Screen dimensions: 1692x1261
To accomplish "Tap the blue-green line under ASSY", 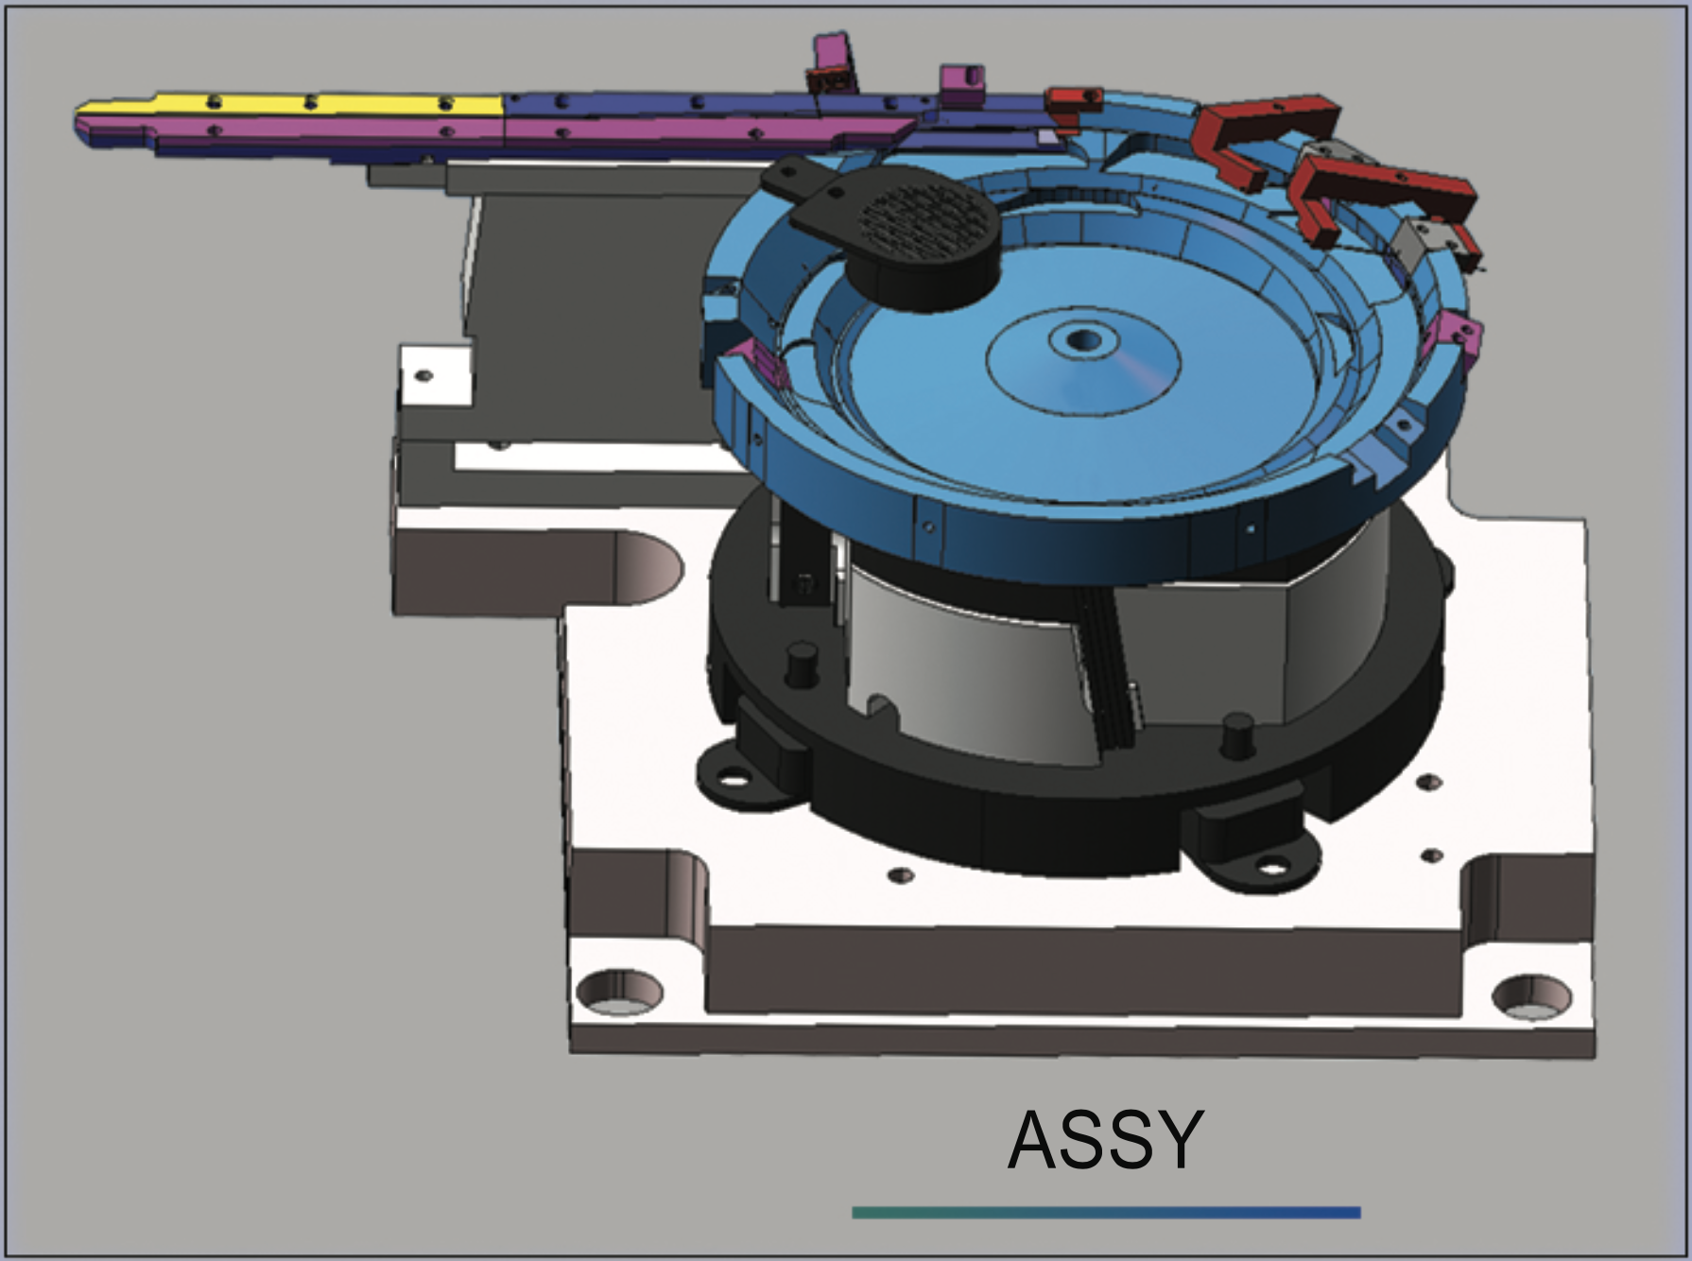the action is tap(1106, 1212).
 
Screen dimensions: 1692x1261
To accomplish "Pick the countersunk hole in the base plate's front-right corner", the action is tap(1533, 1000).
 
